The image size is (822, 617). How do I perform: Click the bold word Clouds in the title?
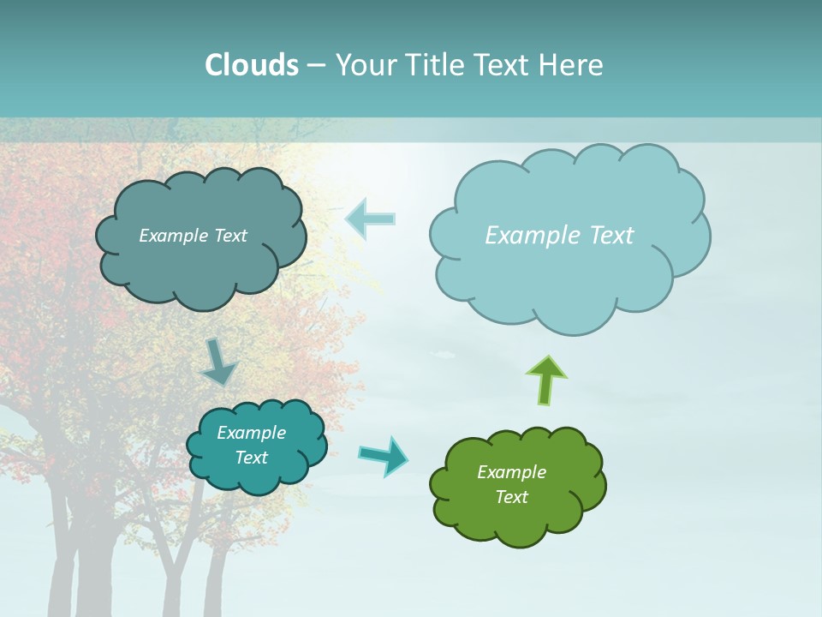point(251,65)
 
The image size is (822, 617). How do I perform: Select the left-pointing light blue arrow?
point(370,219)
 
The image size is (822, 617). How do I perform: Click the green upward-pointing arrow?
point(546,380)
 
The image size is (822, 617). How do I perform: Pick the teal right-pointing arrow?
point(384,455)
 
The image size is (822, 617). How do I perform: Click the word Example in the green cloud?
point(511,472)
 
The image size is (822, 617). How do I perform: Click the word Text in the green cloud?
point(511,497)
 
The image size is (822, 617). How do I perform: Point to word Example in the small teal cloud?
point(251,433)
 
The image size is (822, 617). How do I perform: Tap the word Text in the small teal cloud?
point(251,458)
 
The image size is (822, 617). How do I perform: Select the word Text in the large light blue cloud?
point(605,236)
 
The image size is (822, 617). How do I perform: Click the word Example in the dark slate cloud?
point(171,236)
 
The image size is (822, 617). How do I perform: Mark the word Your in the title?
point(365,65)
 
